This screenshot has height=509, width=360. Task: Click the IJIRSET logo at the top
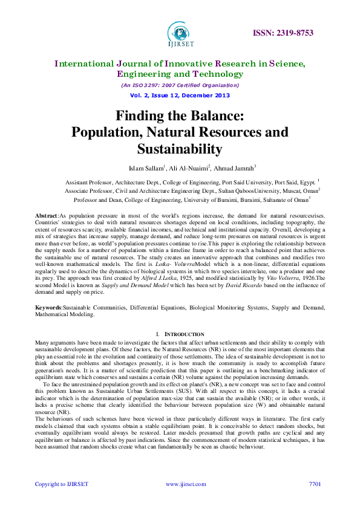(180, 34)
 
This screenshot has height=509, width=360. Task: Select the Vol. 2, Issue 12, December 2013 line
(180, 96)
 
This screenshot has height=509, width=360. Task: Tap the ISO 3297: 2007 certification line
(180, 85)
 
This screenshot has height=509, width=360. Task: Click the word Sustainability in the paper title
(180, 148)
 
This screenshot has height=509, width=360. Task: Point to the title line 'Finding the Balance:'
(180, 115)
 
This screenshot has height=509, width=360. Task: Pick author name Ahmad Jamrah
(233, 167)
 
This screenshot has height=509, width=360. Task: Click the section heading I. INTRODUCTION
(180, 334)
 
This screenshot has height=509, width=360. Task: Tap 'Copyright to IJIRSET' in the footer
(62, 484)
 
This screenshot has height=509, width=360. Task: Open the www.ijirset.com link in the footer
(185, 484)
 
